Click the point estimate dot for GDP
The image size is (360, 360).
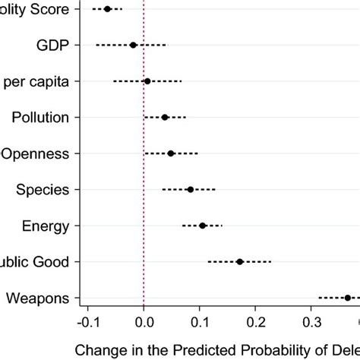pos(133,45)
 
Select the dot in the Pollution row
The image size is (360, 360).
pos(165,117)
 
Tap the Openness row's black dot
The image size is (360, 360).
pos(171,153)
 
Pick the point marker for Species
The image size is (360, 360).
pos(190,189)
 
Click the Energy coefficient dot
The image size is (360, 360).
pos(203,226)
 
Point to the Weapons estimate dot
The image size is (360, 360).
pos(347,298)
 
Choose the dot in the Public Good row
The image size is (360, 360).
pos(240,261)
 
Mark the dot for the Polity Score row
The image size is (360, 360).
pos(107,9)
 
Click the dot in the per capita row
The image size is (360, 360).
pos(147,81)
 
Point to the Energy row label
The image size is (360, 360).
pos(46,226)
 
